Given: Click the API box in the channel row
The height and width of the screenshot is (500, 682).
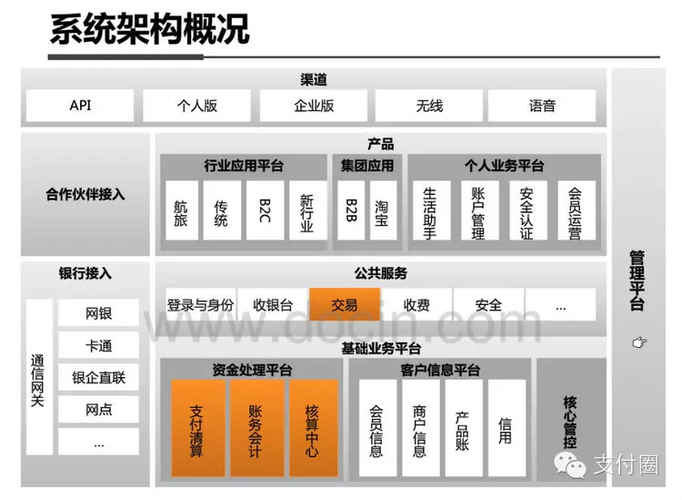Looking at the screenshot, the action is coord(81,106).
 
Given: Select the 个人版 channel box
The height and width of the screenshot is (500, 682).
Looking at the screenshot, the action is coord(197,106).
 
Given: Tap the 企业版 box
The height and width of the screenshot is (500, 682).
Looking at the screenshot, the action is coord(314,106).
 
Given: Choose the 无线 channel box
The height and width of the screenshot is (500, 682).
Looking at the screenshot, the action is coord(429,106).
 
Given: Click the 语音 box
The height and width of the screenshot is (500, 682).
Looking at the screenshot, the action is coord(542,106).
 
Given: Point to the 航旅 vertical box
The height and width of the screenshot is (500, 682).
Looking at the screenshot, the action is coord(181,210).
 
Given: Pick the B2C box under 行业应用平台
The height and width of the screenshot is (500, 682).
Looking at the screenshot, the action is coord(265,210).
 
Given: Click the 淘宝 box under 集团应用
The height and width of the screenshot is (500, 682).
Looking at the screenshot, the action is coord(381,210).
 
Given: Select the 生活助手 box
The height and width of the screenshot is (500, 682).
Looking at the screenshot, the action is coord(430,210).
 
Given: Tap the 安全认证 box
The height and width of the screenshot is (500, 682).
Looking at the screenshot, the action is coord(527,210).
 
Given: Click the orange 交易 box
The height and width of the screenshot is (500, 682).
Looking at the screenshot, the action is coord(345,305).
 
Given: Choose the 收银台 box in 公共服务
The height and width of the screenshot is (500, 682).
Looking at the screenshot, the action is coord(273,305).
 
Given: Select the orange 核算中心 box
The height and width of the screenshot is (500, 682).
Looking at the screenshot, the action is coord(313,428).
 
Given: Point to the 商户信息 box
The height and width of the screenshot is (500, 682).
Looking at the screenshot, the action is coord(419,428).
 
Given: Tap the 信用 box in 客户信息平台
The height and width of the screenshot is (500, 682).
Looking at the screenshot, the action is coord(506,428).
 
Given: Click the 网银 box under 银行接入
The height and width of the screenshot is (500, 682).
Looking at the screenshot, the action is coord(98,313).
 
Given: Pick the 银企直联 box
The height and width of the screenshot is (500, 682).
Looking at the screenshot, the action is coord(98,377).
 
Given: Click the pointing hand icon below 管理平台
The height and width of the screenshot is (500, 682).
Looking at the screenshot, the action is coord(639,342).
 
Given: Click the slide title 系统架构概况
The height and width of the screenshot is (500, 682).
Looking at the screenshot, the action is coord(150,29).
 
